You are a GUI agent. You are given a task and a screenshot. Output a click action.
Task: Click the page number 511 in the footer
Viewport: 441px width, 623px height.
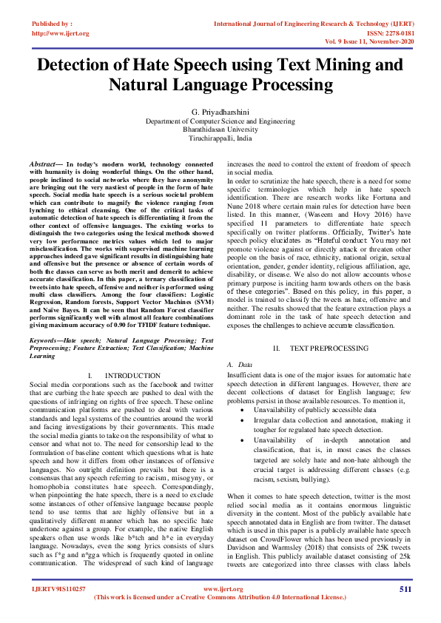pos(405,589)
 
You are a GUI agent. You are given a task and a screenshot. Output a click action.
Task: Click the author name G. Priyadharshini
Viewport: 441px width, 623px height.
pos(220,111)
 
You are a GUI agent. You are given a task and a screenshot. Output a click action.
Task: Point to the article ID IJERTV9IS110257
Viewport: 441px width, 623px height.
pos(58,589)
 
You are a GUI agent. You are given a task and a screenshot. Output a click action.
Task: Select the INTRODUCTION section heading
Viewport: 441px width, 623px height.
pos(132,376)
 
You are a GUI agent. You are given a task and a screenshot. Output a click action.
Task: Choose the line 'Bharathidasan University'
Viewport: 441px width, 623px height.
pos(220,129)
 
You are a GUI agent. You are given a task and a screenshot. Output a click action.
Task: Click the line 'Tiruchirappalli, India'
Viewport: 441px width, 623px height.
pos(220,138)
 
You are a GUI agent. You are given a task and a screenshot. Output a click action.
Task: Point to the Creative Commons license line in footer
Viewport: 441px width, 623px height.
pos(220,598)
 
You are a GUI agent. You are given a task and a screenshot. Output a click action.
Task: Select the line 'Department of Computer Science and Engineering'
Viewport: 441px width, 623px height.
pos(220,120)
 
